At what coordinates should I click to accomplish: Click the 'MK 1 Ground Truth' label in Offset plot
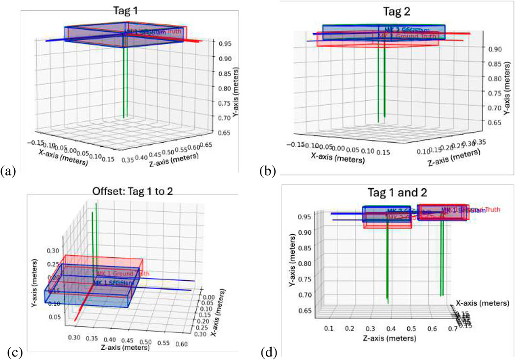pos(122,273)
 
